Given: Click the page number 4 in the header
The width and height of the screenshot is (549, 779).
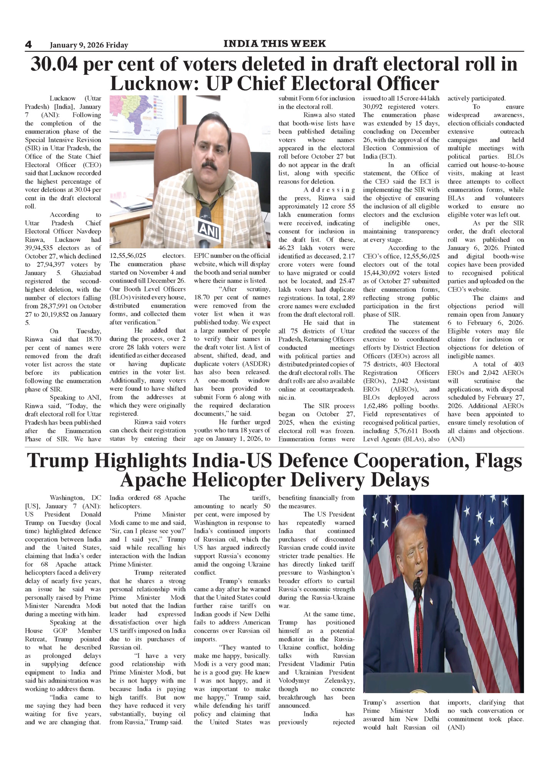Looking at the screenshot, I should (x=28, y=45).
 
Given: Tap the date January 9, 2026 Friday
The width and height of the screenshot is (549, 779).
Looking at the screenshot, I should (x=89, y=45).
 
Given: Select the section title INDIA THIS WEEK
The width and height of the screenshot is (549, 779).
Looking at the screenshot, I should (x=274, y=44).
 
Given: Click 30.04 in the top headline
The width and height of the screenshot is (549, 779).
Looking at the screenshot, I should (x=55, y=64).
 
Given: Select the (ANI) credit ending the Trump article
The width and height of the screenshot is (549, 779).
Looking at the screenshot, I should (x=456, y=727).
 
